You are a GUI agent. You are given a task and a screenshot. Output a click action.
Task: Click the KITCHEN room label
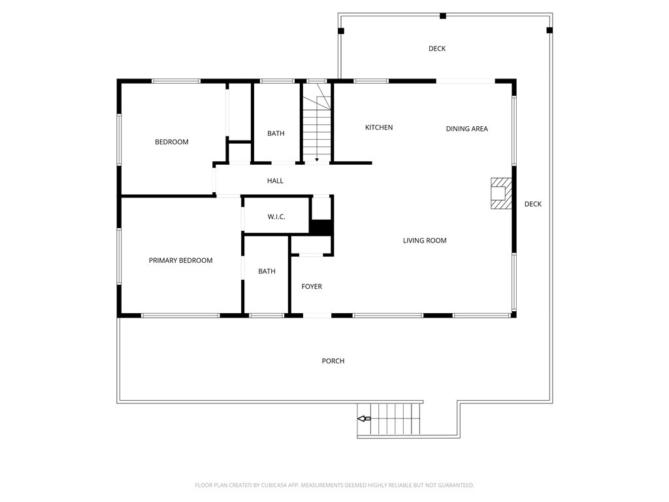379,127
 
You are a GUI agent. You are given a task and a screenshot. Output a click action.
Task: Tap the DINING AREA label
466,129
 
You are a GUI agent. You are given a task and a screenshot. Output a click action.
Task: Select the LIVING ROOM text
425,241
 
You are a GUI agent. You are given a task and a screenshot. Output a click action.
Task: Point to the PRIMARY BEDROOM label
180,260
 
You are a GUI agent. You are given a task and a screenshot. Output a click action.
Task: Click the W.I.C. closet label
276,217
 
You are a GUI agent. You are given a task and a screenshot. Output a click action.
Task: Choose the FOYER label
312,286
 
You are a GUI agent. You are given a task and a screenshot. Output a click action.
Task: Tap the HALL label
275,181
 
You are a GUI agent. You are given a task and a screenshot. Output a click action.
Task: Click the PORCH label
333,361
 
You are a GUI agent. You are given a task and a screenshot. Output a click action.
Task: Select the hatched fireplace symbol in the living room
501,193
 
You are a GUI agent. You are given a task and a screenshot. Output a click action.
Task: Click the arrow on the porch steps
364,419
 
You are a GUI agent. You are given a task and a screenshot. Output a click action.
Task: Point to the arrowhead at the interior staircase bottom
317,159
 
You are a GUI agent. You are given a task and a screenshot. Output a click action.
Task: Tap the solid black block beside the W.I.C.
320,227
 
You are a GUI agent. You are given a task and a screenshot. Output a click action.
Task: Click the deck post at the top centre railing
443,16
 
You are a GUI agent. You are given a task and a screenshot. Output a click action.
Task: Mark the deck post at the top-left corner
341,31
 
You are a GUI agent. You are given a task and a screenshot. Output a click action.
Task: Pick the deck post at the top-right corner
549,30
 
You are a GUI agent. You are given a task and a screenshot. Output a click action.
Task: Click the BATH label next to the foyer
267,271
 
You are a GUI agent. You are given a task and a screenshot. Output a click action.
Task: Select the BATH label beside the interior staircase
276,133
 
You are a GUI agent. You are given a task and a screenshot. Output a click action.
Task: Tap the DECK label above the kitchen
437,48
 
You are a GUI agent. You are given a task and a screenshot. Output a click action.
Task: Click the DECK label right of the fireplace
533,204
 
